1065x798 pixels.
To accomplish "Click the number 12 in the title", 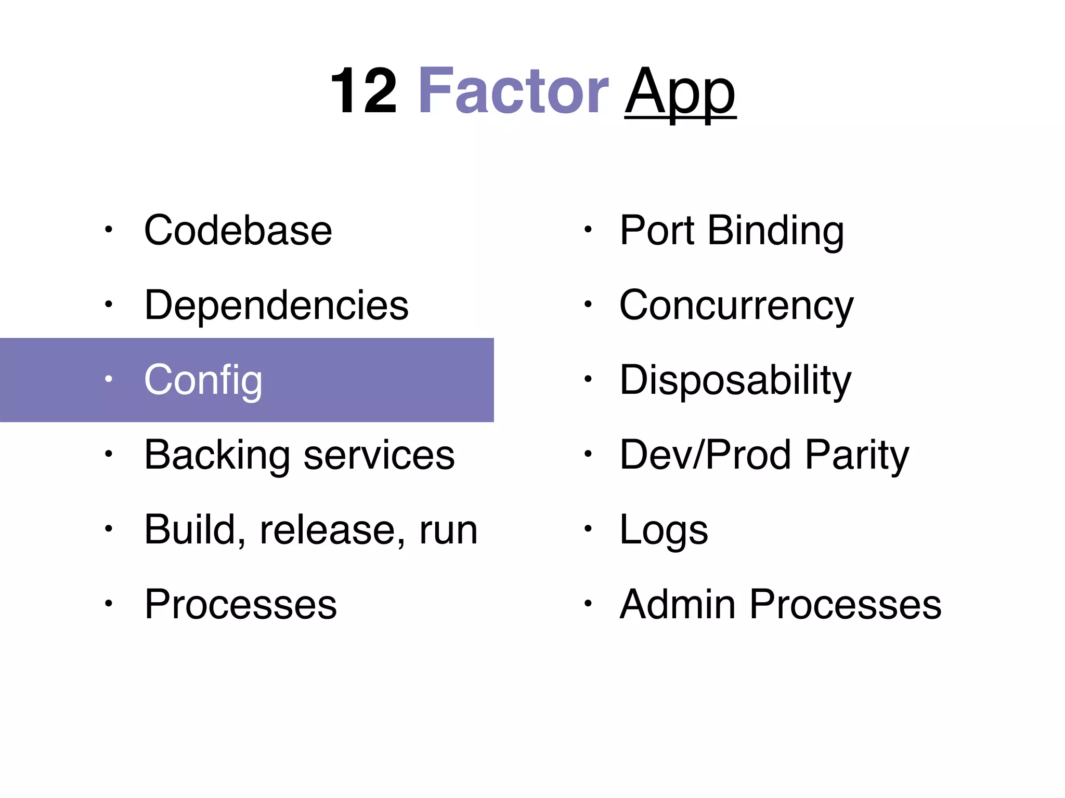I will [x=363, y=91].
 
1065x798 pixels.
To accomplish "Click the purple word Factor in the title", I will [x=513, y=91].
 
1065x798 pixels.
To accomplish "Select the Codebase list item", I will [x=238, y=230].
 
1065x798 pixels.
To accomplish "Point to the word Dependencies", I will [x=276, y=305].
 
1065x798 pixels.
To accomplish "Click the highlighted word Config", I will [x=203, y=380].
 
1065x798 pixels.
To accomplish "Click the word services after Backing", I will [x=379, y=455].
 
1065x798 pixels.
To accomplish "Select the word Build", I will [x=190, y=530].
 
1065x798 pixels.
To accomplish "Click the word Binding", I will [x=775, y=230].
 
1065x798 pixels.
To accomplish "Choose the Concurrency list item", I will [x=736, y=305].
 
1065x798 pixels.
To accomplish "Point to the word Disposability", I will [x=735, y=380].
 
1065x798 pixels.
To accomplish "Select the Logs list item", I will [x=664, y=530].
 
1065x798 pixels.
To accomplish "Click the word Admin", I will [x=677, y=604].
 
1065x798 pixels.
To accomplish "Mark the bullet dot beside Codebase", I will [x=108, y=230].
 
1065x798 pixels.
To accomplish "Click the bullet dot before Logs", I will [x=588, y=529].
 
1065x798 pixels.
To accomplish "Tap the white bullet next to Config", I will [x=108, y=379].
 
